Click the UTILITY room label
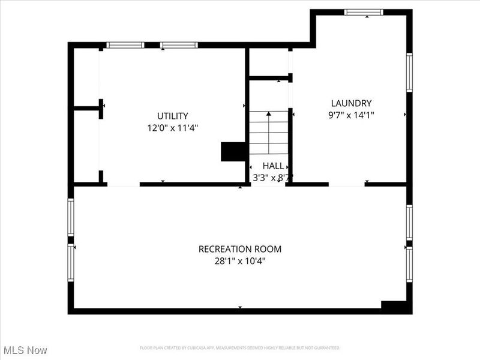(173, 116)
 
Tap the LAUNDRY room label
(352, 103)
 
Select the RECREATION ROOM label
(240, 249)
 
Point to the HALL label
(273, 166)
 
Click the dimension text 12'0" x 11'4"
(173, 128)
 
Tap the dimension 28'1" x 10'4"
(240, 261)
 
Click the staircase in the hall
(268, 135)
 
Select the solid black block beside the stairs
(233, 152)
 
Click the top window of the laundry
(364, 11)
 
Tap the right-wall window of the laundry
(409, 72)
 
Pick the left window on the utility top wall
(125, 45)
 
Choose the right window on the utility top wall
(179, 45)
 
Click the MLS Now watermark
(25, 350)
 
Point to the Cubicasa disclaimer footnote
(240, 348)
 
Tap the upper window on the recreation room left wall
(71, 217)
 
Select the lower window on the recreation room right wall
(409, 265)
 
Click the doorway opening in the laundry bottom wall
(347, 184)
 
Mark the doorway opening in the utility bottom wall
(124, 184)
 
